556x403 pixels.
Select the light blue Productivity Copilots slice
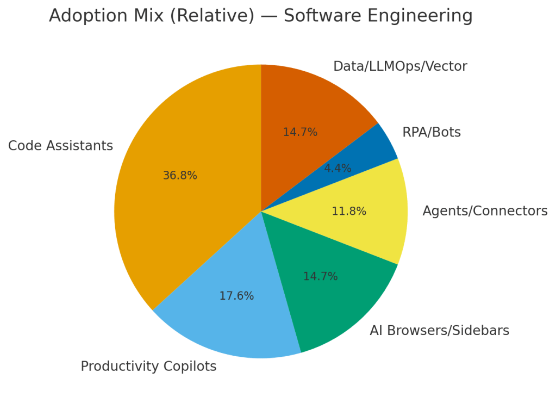[x=228, y=321]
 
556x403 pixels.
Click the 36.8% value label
[x=180, y=176]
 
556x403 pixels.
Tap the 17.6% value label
[x=236, y=296]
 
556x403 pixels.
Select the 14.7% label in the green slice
[x=320, y=276]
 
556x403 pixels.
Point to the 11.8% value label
[x=349, y=211]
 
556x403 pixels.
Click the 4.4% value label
[x=338, y=169]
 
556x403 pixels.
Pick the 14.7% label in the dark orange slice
[x=300, y=132]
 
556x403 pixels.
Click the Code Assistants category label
[x=60, y=146]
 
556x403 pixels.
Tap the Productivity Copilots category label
[x=148, y=367]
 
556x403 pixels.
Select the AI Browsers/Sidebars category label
[x=439, y=331]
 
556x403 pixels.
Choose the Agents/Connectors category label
[x=485, y=211]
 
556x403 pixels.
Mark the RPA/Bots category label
[x=432, y=132]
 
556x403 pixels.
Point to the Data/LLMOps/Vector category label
[x=400, y=66]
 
